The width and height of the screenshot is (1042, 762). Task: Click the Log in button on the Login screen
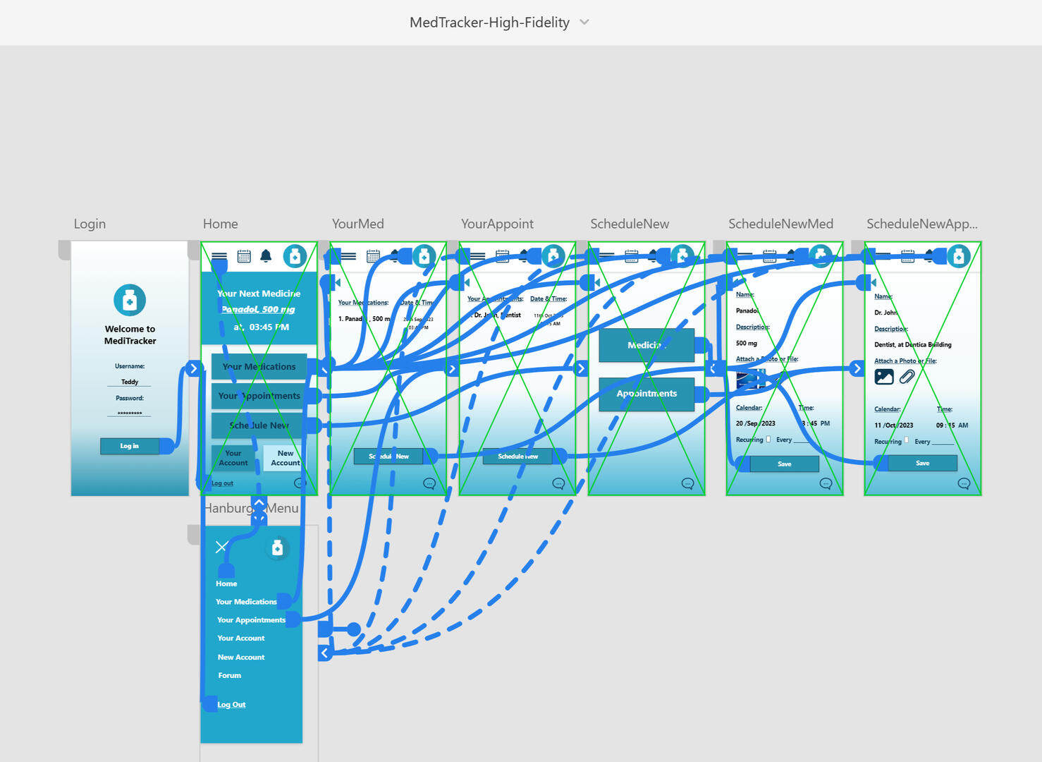(x=129, y=446)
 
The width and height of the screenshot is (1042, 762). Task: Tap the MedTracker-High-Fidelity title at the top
(x=489, y=23)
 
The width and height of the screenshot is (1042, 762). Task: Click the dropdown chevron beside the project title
(x=584, y=22)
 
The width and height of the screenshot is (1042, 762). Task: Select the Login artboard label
(x=90, y=224)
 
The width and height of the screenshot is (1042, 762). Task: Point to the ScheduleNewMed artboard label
(x=780, y=224)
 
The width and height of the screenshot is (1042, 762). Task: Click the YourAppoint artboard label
(x=497, y=224)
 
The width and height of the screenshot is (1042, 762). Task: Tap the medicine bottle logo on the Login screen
(x=130, y=301)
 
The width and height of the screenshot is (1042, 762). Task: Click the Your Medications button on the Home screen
(x=259, y=367)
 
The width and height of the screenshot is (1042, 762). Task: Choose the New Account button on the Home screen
(x=285, y=459)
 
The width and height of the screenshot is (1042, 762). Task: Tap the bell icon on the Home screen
(x=266, y=256)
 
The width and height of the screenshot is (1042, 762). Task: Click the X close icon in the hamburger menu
(x=221, y=547)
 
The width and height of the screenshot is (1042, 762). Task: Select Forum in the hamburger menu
(x=229, y=675)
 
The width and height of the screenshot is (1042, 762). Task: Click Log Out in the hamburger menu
(x=231, y=704)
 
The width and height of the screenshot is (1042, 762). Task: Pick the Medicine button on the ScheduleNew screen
(x=646, y=345)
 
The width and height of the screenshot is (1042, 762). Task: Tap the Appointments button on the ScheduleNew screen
(x=646, y=394)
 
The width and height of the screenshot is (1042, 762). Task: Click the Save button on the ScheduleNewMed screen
(x=784, y=464)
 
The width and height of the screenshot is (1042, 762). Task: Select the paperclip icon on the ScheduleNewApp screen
(x=907, y=377)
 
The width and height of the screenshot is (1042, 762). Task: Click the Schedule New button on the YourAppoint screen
(x=517, y=456)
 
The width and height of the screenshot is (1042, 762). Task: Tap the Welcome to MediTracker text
(x=130, y=334)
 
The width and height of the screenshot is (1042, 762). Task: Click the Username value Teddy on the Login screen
(x=130, y=382)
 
